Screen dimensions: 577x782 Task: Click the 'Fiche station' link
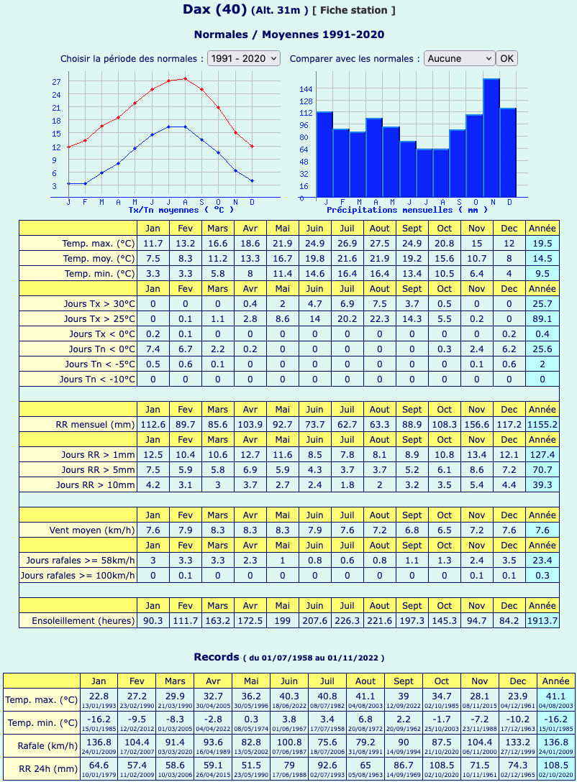click(353, 11)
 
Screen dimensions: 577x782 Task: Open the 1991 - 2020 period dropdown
click(244, 58)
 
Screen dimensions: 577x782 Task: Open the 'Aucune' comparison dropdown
click(459, 58)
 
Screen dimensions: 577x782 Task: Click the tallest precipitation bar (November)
click(491, 138)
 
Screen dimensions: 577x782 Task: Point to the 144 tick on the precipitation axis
click(306, 89)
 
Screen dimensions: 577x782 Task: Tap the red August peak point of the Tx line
click(185, 78)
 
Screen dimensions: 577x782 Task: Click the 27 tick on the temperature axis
click(56, 82)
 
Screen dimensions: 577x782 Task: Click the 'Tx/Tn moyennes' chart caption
click(181, 210)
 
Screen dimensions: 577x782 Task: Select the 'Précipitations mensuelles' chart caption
click(406, 210)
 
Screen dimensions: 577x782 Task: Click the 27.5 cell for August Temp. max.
click(379, 244)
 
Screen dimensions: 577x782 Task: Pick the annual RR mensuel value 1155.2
click(542, 424)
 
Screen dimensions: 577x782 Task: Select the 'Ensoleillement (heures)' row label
click(83, 621)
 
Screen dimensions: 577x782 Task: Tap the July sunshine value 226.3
click(347, 621)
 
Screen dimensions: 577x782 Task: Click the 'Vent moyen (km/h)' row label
click(92, 530)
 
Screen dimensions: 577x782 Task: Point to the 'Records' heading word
click(217, 657)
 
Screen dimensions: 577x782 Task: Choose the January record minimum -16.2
click(99, 719)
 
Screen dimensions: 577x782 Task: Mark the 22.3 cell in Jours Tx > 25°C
click(379, 318)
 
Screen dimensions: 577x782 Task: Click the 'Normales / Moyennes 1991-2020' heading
click(289, 34)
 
